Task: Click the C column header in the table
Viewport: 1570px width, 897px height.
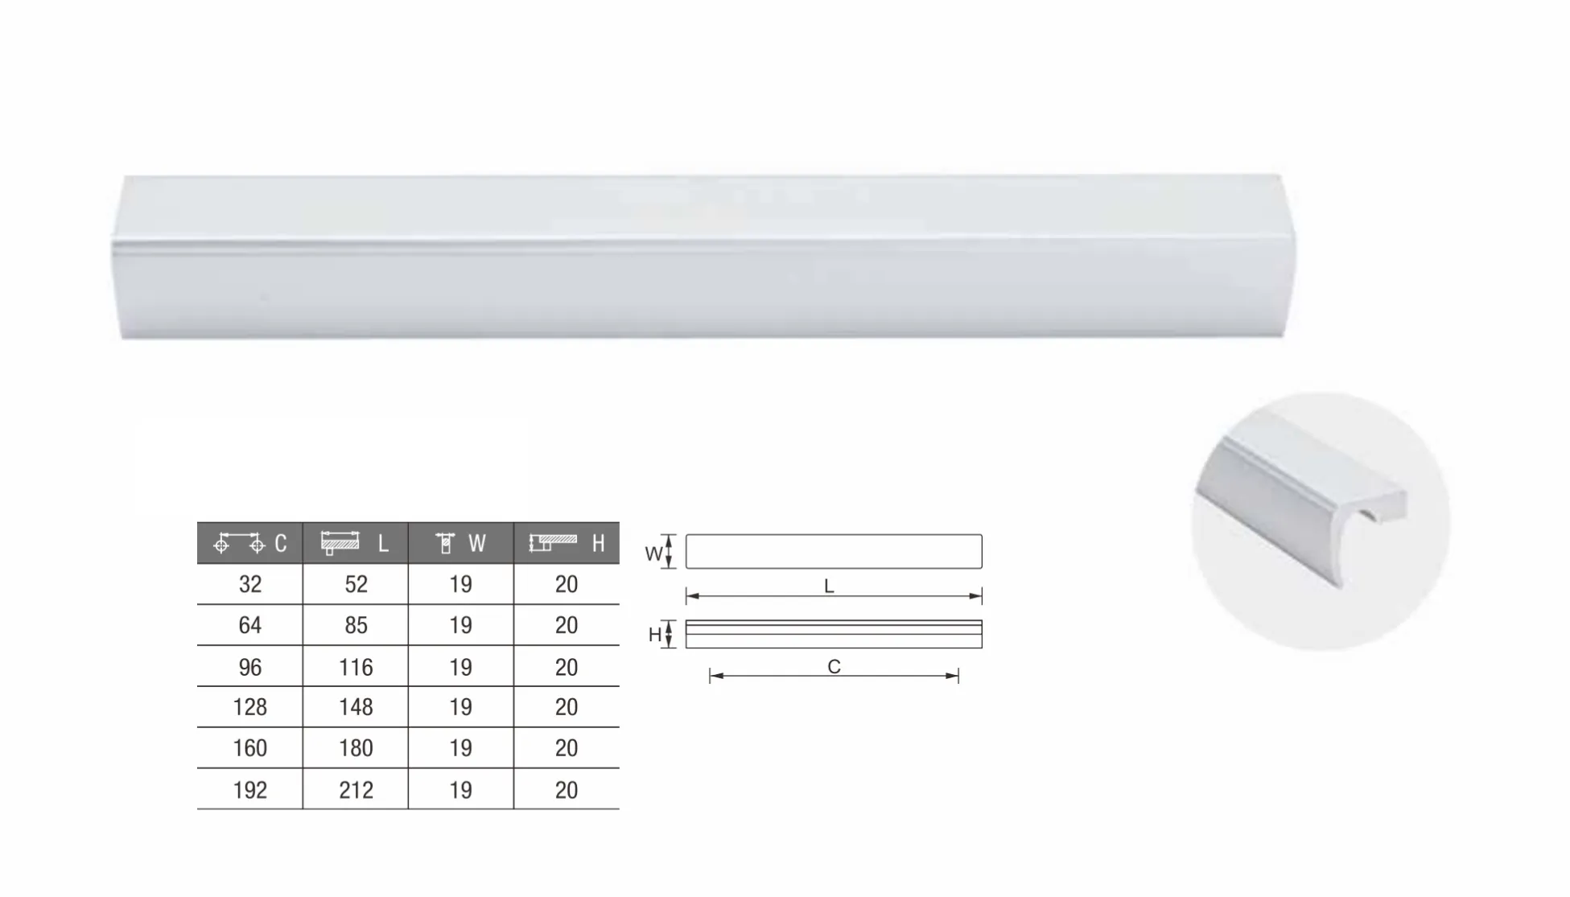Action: pos(249,543)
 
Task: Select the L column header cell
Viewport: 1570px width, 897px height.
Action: pos(356,543)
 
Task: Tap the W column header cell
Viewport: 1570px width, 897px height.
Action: pos(461,543)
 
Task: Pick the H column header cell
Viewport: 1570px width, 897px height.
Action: pos(567,543)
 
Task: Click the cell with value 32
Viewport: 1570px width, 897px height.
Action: pos(250,584)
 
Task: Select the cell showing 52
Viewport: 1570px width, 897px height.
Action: pos(356,584)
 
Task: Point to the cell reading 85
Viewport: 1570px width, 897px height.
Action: pos(356,625)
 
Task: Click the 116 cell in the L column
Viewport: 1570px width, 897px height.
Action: pos(356,667)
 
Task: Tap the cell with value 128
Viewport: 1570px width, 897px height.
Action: pos(250,707)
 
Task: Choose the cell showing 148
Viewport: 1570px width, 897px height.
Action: pos(356,707)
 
